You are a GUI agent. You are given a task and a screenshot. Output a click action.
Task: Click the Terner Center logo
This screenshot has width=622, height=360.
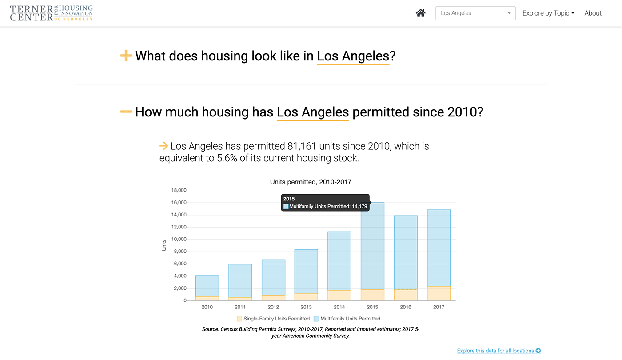pyautogui.click(x=52, y=13)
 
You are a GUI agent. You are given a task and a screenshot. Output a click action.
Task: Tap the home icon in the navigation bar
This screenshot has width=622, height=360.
pyautogui.click(x=420, y=13)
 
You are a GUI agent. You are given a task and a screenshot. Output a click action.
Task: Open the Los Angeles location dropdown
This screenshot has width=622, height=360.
pyautogui.click(x=475, y=13)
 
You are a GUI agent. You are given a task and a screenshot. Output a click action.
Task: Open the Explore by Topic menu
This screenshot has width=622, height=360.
pyautogui.click(x=548, y=13)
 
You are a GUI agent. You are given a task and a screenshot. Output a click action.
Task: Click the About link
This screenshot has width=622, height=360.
pyautogui.click(x=593, y=13)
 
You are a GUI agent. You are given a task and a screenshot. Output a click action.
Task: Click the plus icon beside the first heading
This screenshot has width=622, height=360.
pyautogui.click(x=126, y=56)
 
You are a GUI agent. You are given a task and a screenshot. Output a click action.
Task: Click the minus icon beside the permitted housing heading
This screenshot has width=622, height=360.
pyautogui.click(x=126, y=112)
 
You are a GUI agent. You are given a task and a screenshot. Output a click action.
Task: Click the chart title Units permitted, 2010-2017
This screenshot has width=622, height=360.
pyautogui.click(x=311, y=182)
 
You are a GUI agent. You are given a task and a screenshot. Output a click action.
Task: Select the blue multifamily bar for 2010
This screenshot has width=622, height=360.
pyautogui.click(x=207, y=286)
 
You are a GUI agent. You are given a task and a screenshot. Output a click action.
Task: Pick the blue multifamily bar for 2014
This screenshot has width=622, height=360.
pyautogui.click(x=339, y=261)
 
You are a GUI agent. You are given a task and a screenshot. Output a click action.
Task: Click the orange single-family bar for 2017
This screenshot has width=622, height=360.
pyautogui.click(x=439, y=293)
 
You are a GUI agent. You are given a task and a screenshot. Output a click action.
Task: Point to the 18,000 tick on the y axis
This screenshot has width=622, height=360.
pyautogui.click(x=179, y=190)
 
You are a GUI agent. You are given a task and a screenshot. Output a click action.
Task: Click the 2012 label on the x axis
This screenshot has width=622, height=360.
pyautogui.click(x=273, y=307)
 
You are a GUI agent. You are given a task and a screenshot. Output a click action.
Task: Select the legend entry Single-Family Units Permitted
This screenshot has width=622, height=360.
pyautogui.click(x=273, y=319)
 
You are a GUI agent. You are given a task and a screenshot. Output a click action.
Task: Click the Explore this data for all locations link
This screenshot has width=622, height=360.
pyautogui.click(x=498, y=351)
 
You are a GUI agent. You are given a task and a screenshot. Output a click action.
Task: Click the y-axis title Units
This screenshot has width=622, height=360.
pyautogui.click(x=164, y=245)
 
